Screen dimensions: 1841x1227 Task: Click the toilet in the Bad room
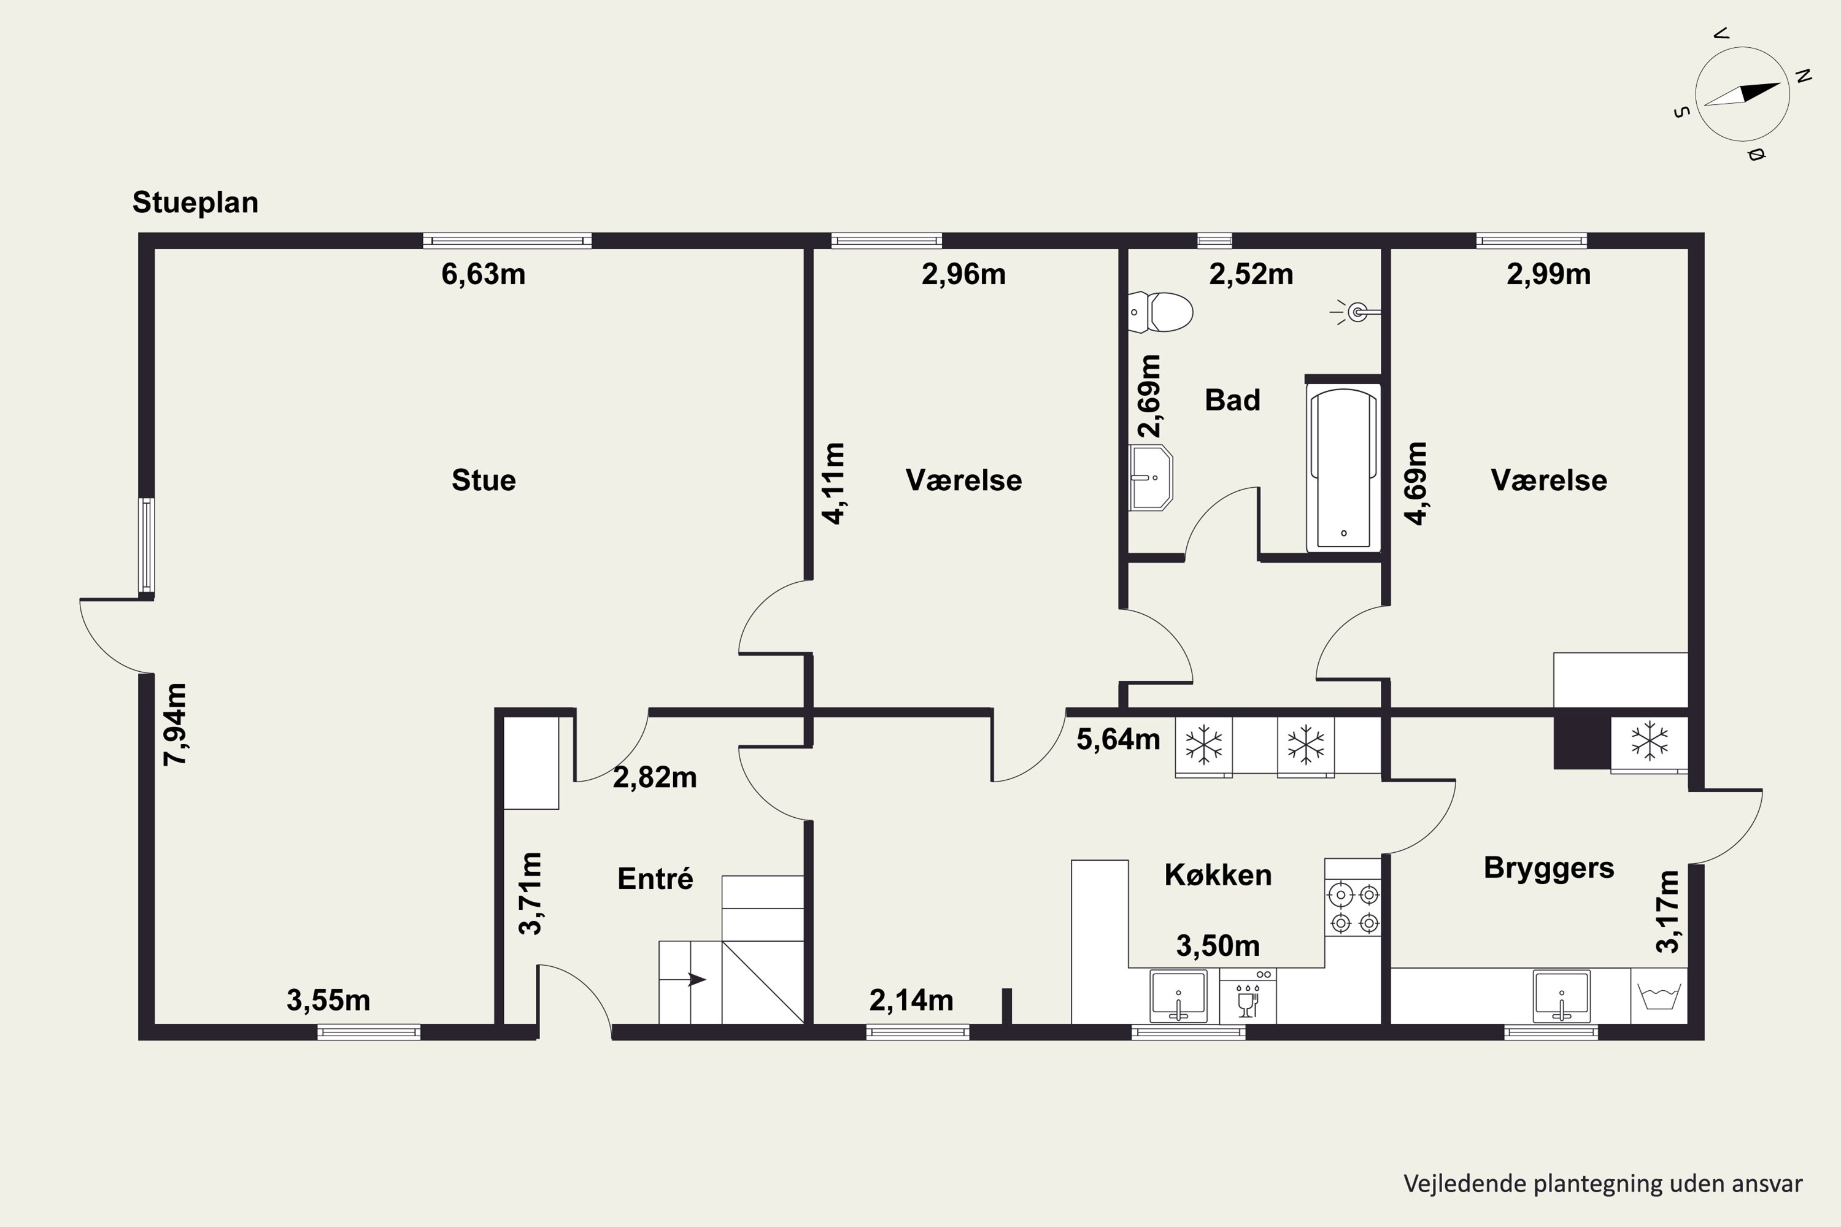point(1161,312)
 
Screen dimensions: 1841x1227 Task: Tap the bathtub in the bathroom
point(1343,467)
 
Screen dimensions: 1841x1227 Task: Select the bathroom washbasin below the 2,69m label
point(1151,477)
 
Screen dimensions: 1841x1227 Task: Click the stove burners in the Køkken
point(1353,908)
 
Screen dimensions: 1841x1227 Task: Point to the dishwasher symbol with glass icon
point(1248,996)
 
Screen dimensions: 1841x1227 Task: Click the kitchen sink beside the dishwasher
point(1179,996)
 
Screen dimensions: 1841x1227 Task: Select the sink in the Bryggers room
point(1562,996)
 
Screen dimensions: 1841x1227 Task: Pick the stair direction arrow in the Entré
point(697,979)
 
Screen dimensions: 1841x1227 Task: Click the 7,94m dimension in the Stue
point(176,724)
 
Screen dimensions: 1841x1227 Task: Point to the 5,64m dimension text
point(1117,739)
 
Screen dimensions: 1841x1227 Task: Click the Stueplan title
point(195,202)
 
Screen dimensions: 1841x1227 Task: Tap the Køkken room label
point(1218,874)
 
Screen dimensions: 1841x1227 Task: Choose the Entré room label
point(655,878)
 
